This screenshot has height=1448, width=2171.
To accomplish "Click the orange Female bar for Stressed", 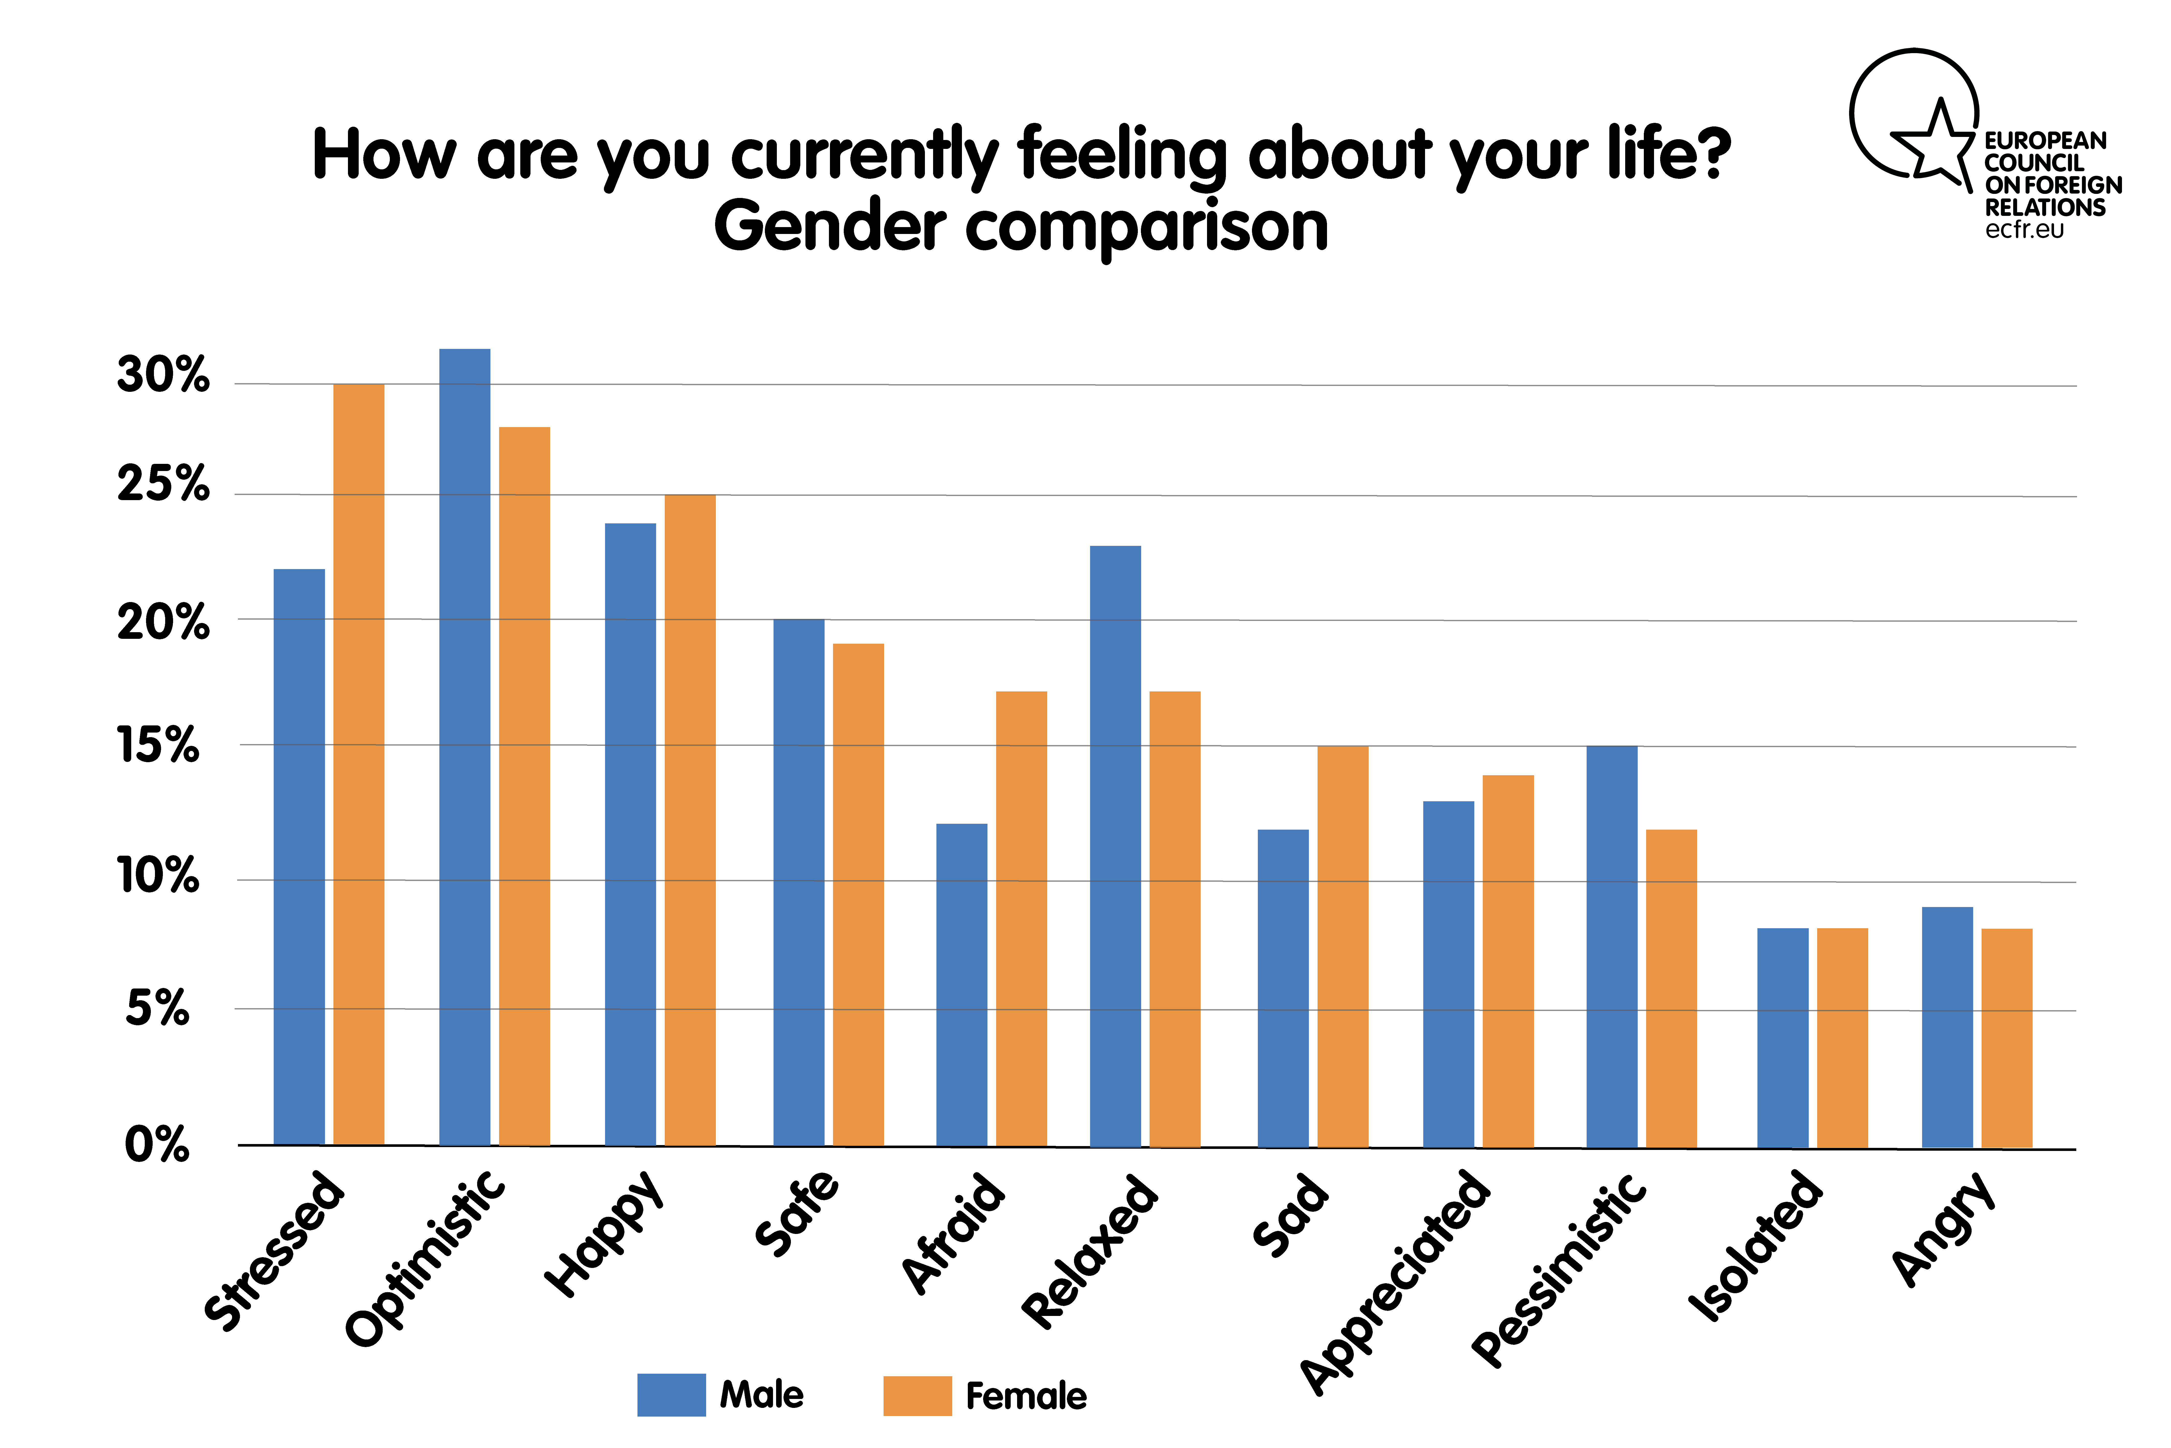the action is (358, 765).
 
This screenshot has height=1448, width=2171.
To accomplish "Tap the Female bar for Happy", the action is (690, 820).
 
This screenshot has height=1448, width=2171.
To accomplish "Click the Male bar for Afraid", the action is (962, 985).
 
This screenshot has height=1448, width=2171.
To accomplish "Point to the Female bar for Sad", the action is (1342, 947).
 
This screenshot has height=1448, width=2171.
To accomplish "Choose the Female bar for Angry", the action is (2007, 1039).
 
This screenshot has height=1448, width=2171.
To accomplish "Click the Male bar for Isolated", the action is (1782, 1038).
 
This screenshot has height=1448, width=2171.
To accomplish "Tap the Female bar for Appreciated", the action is (1508, 961).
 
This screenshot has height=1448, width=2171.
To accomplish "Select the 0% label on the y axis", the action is (157, 1145).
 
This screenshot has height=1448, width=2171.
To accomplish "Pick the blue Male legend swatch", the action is (671, 1394).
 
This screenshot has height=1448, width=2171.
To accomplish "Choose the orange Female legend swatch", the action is (918, 1395).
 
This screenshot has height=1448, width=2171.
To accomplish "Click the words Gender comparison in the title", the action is (1021, 226).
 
